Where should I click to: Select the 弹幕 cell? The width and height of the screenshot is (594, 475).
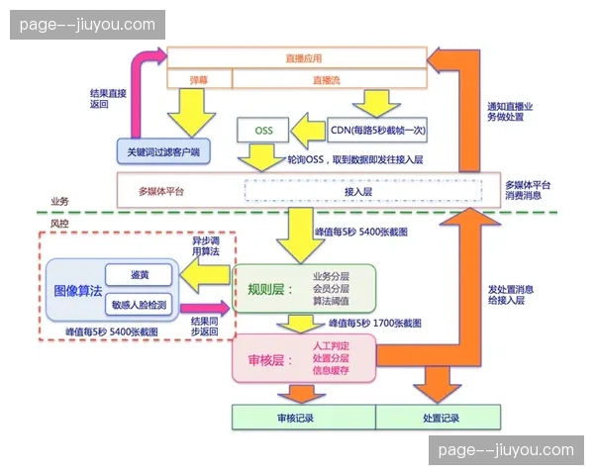point(199,78)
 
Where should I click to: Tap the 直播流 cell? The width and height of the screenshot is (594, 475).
point(330,78)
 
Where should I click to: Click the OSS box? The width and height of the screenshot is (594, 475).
point(262,131)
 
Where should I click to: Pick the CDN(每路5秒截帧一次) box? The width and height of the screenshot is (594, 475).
point(378,131)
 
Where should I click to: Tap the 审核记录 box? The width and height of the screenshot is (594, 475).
point(295,418)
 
